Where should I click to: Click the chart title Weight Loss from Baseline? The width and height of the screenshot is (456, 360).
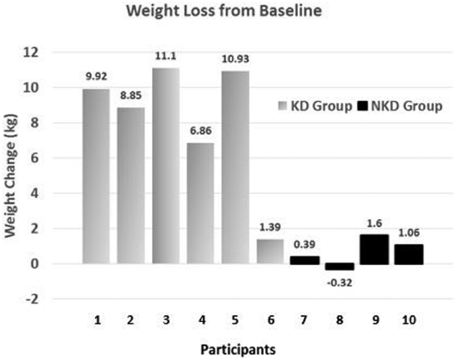(x=224, y=11)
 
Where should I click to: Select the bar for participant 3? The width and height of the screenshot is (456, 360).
(x=166, y=166)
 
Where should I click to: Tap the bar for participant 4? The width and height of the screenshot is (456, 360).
(x=200, y=203)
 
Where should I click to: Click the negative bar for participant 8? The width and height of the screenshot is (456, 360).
(x=340, y=266)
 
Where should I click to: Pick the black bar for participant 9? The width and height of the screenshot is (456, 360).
(x=374, y=250)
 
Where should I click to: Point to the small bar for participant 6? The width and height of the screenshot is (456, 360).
(x=270, y=252)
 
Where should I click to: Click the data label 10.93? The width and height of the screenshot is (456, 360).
(x=235, y=59)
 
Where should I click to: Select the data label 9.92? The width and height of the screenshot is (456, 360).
(x=96, y=77)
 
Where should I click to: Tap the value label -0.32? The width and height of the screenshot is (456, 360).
(x=340, y=283)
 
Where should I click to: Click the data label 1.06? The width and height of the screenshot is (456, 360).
(x=409, y=233)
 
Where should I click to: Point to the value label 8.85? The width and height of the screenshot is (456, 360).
(x=131, y=95)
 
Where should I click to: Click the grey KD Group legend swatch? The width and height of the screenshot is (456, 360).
(x=282, y=106)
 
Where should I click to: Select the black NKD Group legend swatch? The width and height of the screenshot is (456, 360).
(x=362, y=106)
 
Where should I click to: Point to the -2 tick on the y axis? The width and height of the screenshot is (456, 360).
(x=31, y=299)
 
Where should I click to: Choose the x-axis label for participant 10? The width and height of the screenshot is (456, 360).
(x=409, y=320)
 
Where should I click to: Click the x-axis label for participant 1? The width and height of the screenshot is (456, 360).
(x=97, y=320)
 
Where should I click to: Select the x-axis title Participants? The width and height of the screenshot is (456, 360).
(x=238, y=349)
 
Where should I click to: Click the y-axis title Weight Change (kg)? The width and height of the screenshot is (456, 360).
(x=12, y=176)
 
